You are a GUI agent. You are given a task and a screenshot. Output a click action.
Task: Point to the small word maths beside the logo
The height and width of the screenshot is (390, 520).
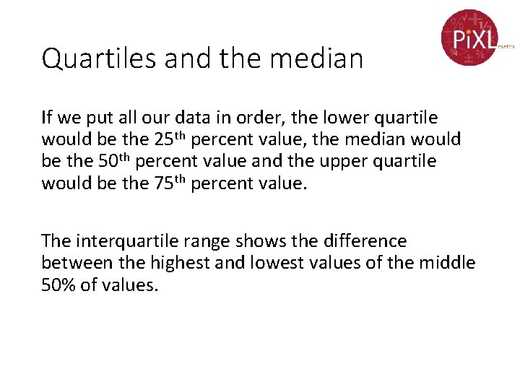506,45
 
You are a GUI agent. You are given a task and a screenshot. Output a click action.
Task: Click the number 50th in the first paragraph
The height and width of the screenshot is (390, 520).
114,160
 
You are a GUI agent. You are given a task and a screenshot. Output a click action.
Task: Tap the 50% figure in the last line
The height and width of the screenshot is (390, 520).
57,285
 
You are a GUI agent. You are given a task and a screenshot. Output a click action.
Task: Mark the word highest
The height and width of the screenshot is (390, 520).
173,263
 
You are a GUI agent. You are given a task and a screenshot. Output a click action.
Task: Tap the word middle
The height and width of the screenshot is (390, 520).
446,263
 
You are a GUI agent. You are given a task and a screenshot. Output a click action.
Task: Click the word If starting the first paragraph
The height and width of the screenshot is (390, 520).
47,117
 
